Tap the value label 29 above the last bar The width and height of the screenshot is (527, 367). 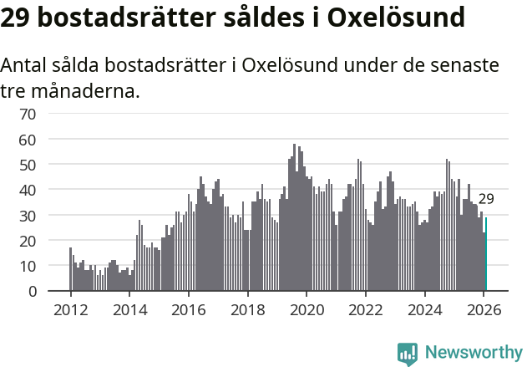[486, 199]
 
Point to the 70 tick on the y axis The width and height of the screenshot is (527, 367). [28, 114]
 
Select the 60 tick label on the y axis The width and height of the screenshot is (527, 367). [28, 139]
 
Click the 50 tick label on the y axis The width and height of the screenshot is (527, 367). [28, 165]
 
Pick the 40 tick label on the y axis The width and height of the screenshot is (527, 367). [28, 190]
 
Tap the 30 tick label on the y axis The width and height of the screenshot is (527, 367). [28, 216]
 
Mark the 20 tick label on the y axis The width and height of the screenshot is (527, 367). [28, 241]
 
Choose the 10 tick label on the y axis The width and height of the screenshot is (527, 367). [28, 266]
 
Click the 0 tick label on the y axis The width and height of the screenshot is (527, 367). [32, 292]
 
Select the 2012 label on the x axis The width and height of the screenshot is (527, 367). [71, 309]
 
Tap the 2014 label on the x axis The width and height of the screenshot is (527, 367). [129, 309]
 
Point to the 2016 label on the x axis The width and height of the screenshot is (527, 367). [189, 309]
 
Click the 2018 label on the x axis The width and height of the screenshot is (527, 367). [247, 309]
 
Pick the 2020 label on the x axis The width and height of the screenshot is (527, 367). [307, 309]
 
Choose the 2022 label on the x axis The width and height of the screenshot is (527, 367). [365, 309]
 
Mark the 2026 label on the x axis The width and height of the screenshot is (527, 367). [483, 309]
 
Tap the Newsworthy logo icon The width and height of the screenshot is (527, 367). [408, 354]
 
